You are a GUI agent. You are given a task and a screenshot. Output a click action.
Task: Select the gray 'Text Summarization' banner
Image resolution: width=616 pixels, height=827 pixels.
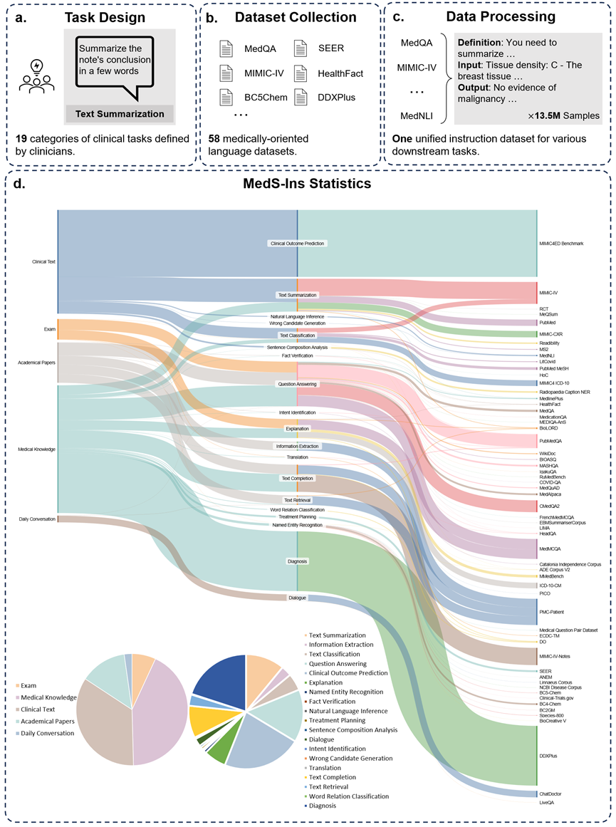(119, 113)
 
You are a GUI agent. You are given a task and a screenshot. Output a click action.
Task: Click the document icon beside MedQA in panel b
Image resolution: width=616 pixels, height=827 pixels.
(226, 49)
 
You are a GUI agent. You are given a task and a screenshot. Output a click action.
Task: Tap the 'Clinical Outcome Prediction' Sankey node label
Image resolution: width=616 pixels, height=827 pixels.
(297, 244)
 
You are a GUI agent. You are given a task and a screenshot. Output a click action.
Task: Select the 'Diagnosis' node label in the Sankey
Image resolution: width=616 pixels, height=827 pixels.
(297, 561)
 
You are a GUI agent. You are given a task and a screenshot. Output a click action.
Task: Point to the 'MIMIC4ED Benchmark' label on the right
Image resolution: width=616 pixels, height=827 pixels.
(562, 244)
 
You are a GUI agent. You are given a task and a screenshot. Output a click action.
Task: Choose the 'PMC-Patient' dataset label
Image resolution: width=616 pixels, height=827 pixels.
(553, 610)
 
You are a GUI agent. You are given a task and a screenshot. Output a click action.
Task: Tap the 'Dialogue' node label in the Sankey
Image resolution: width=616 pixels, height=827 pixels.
(297, 598)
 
